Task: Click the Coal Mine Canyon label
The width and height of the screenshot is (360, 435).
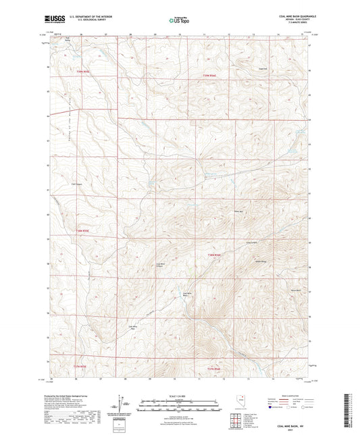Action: tap(161, 265)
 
